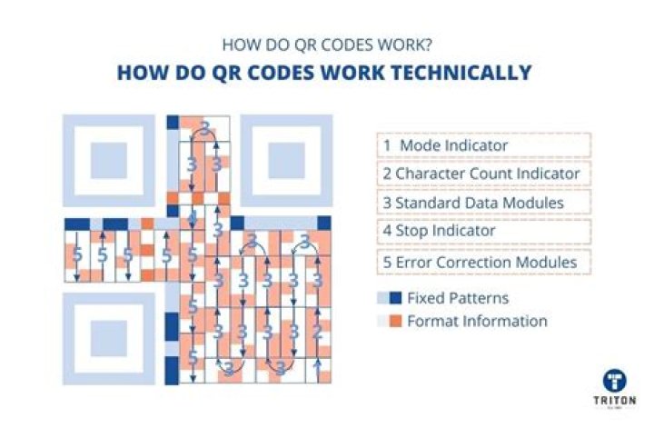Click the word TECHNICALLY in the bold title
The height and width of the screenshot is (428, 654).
(x=454, y=72)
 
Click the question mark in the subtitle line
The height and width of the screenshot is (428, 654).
(x=428, y=43)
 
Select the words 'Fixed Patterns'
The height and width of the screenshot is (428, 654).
(x=458, y=298)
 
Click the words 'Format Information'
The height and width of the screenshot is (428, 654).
(x=477, y=321)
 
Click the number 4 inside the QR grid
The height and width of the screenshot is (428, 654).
(x=192, y=217)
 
